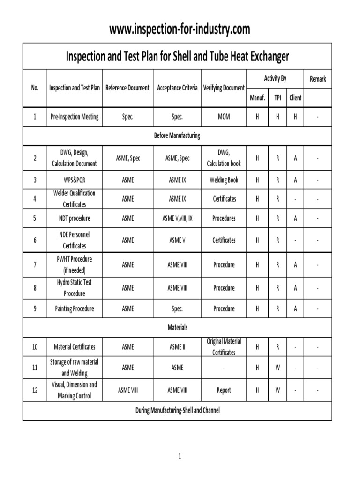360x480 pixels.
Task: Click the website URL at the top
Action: click(x=180, y=29)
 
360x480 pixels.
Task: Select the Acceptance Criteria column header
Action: click(x=177, y=88)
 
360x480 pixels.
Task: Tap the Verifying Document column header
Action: click(x=224, y=88)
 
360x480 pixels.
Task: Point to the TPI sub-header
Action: click(x=277, y=98)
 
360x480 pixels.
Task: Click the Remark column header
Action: click(x=317, y=79)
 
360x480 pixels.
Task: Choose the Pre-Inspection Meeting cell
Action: click(x=75, y=117)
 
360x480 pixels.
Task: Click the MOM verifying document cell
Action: click(x=224, y=117)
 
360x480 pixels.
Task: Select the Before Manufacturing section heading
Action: click(x=177, y=135)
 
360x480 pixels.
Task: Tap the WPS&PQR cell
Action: click(x=75, y=180)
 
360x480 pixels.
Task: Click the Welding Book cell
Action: click(x=224, y=180)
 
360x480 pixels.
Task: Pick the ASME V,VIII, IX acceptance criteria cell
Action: click(x=177, y=218)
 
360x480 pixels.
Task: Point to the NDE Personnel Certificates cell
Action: click(x=75, y=240)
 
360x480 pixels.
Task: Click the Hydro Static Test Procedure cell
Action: click(x=75, y=288)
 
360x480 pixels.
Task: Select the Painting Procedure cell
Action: click(x=75, y=308)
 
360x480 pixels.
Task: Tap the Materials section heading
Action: click(x=177, y=327)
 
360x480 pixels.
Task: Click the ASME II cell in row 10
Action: click(x=177, y=347)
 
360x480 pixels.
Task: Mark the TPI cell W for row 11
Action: click(x=277, y=368)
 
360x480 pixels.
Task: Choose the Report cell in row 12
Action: click(x=224, y=390)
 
